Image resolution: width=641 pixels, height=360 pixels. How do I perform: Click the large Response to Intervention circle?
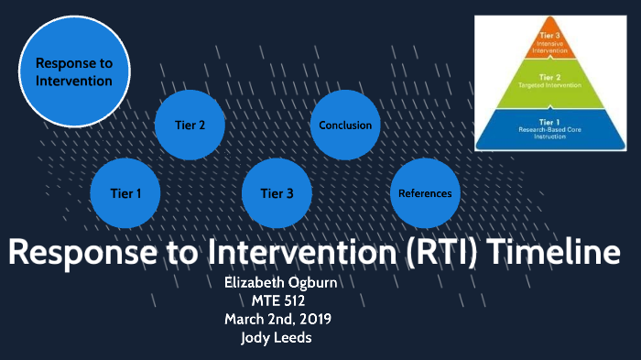73,71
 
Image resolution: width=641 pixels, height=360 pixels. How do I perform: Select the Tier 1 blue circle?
126,193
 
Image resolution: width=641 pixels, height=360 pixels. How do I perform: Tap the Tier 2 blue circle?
190,125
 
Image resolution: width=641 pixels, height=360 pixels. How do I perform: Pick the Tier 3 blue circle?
277,193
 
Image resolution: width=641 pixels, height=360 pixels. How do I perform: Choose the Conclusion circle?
345,125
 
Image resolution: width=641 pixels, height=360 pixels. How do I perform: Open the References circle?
425,193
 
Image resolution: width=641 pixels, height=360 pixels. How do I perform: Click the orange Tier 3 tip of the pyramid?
551,41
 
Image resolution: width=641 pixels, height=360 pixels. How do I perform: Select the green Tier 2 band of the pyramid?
551,84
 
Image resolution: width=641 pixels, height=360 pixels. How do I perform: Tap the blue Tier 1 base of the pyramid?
551,129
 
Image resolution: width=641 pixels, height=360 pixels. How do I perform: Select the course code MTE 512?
281,300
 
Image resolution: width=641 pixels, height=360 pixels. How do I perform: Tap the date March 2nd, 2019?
281,319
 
